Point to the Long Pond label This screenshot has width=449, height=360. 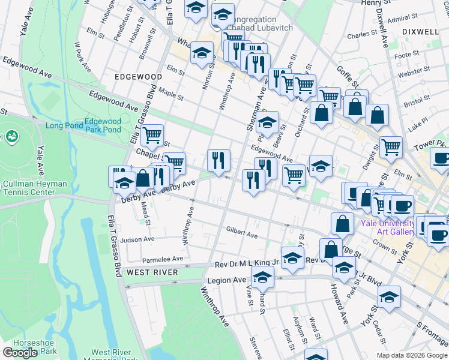[63, 125]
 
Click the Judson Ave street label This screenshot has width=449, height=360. [137, 239]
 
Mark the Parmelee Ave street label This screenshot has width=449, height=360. [162, 259]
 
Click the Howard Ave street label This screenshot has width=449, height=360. [338, 305]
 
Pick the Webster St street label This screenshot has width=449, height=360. [410, 72]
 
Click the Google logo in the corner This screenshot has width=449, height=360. [20, 353]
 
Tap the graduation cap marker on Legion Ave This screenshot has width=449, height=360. [262, 278]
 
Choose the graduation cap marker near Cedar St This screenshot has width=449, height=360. [389, 296]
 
